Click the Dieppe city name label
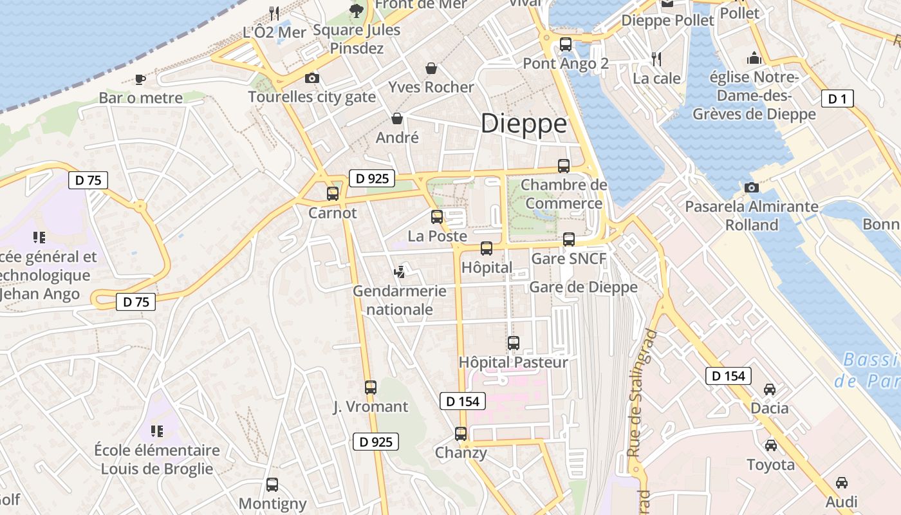524,124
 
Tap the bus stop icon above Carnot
332,193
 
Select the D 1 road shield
837,98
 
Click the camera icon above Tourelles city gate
311,79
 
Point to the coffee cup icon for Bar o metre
140,79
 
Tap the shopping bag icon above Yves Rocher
431,68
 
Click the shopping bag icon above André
397,118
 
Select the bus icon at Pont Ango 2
565,44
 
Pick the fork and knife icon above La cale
656,59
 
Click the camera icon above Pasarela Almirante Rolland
751,187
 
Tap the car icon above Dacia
769,389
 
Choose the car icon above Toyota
770,445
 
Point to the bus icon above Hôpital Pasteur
513,343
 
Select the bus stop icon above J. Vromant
370,387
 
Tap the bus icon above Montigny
272,484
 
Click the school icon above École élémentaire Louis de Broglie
156,431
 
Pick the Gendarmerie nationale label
399,300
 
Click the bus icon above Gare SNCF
568,239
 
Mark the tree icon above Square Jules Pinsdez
356,10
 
